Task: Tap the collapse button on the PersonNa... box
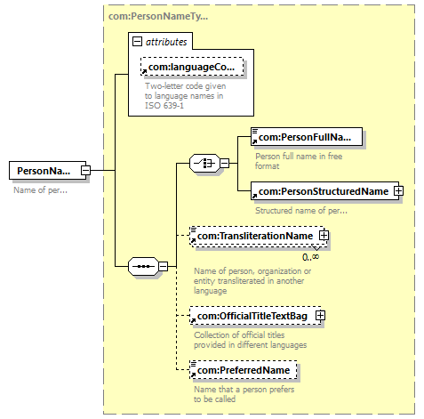85,170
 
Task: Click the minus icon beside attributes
137,42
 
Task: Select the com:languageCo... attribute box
192,67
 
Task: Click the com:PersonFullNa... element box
307,137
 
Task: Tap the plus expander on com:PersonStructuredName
398,191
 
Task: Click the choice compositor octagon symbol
204,163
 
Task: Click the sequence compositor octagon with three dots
143,266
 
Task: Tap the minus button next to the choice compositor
225,163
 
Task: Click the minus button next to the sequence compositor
164,266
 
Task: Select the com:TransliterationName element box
257,236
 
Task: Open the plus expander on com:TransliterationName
324,236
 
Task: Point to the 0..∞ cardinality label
310,257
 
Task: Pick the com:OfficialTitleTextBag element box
255,316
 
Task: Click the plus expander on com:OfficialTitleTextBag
320,316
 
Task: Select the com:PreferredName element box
244,370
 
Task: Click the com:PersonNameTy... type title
158,16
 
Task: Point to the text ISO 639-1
164,106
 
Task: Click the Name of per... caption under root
41,190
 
